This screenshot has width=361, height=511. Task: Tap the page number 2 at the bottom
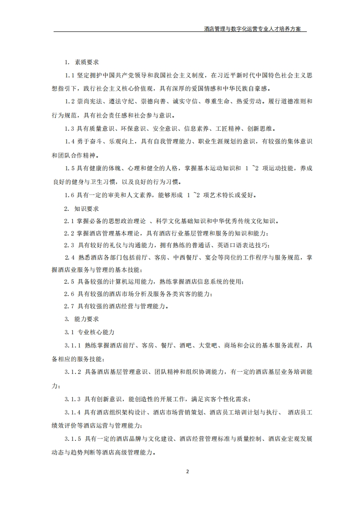[187, 471]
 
